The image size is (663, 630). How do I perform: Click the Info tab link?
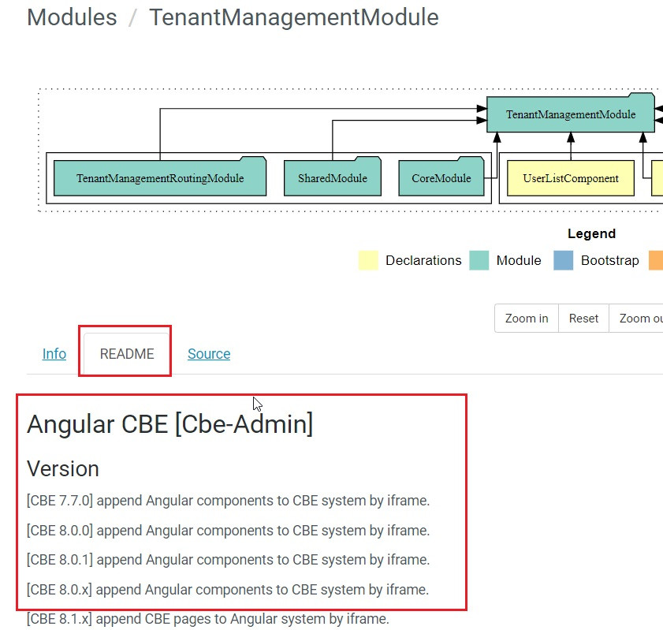click(x=54, y=354)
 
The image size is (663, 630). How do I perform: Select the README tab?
click(x=127, y=354)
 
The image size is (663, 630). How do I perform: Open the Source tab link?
click(x=209, y=354)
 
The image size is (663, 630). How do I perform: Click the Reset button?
click(x=583, y=319)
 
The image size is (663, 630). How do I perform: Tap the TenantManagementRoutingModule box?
click(x=160, y=178)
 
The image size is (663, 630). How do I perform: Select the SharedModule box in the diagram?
click(x=332, y=178)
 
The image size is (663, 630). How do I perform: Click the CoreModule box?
click(x=441, y=178)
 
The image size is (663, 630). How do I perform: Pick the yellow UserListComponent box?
click(x=571, y=178)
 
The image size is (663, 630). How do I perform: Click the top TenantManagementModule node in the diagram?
click(x=570, y=114)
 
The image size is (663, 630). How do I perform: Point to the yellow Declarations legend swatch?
click(x=368, y=260)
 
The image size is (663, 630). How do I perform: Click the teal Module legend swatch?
click(x=479, y=260)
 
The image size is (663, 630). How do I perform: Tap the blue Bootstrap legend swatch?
click(x=564, y=260)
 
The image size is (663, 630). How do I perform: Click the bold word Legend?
click(x=591, y=233)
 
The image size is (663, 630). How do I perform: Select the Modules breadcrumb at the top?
click(x=72, y=17)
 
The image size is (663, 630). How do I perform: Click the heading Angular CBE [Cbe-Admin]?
click(x=169, y=424)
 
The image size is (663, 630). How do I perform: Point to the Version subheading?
click(x=63, y=468)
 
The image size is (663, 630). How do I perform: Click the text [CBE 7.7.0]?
click(x=60, y=501)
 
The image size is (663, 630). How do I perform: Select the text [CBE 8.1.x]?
click(x=59, y=619)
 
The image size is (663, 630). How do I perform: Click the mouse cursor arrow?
click(x=257, y=403)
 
